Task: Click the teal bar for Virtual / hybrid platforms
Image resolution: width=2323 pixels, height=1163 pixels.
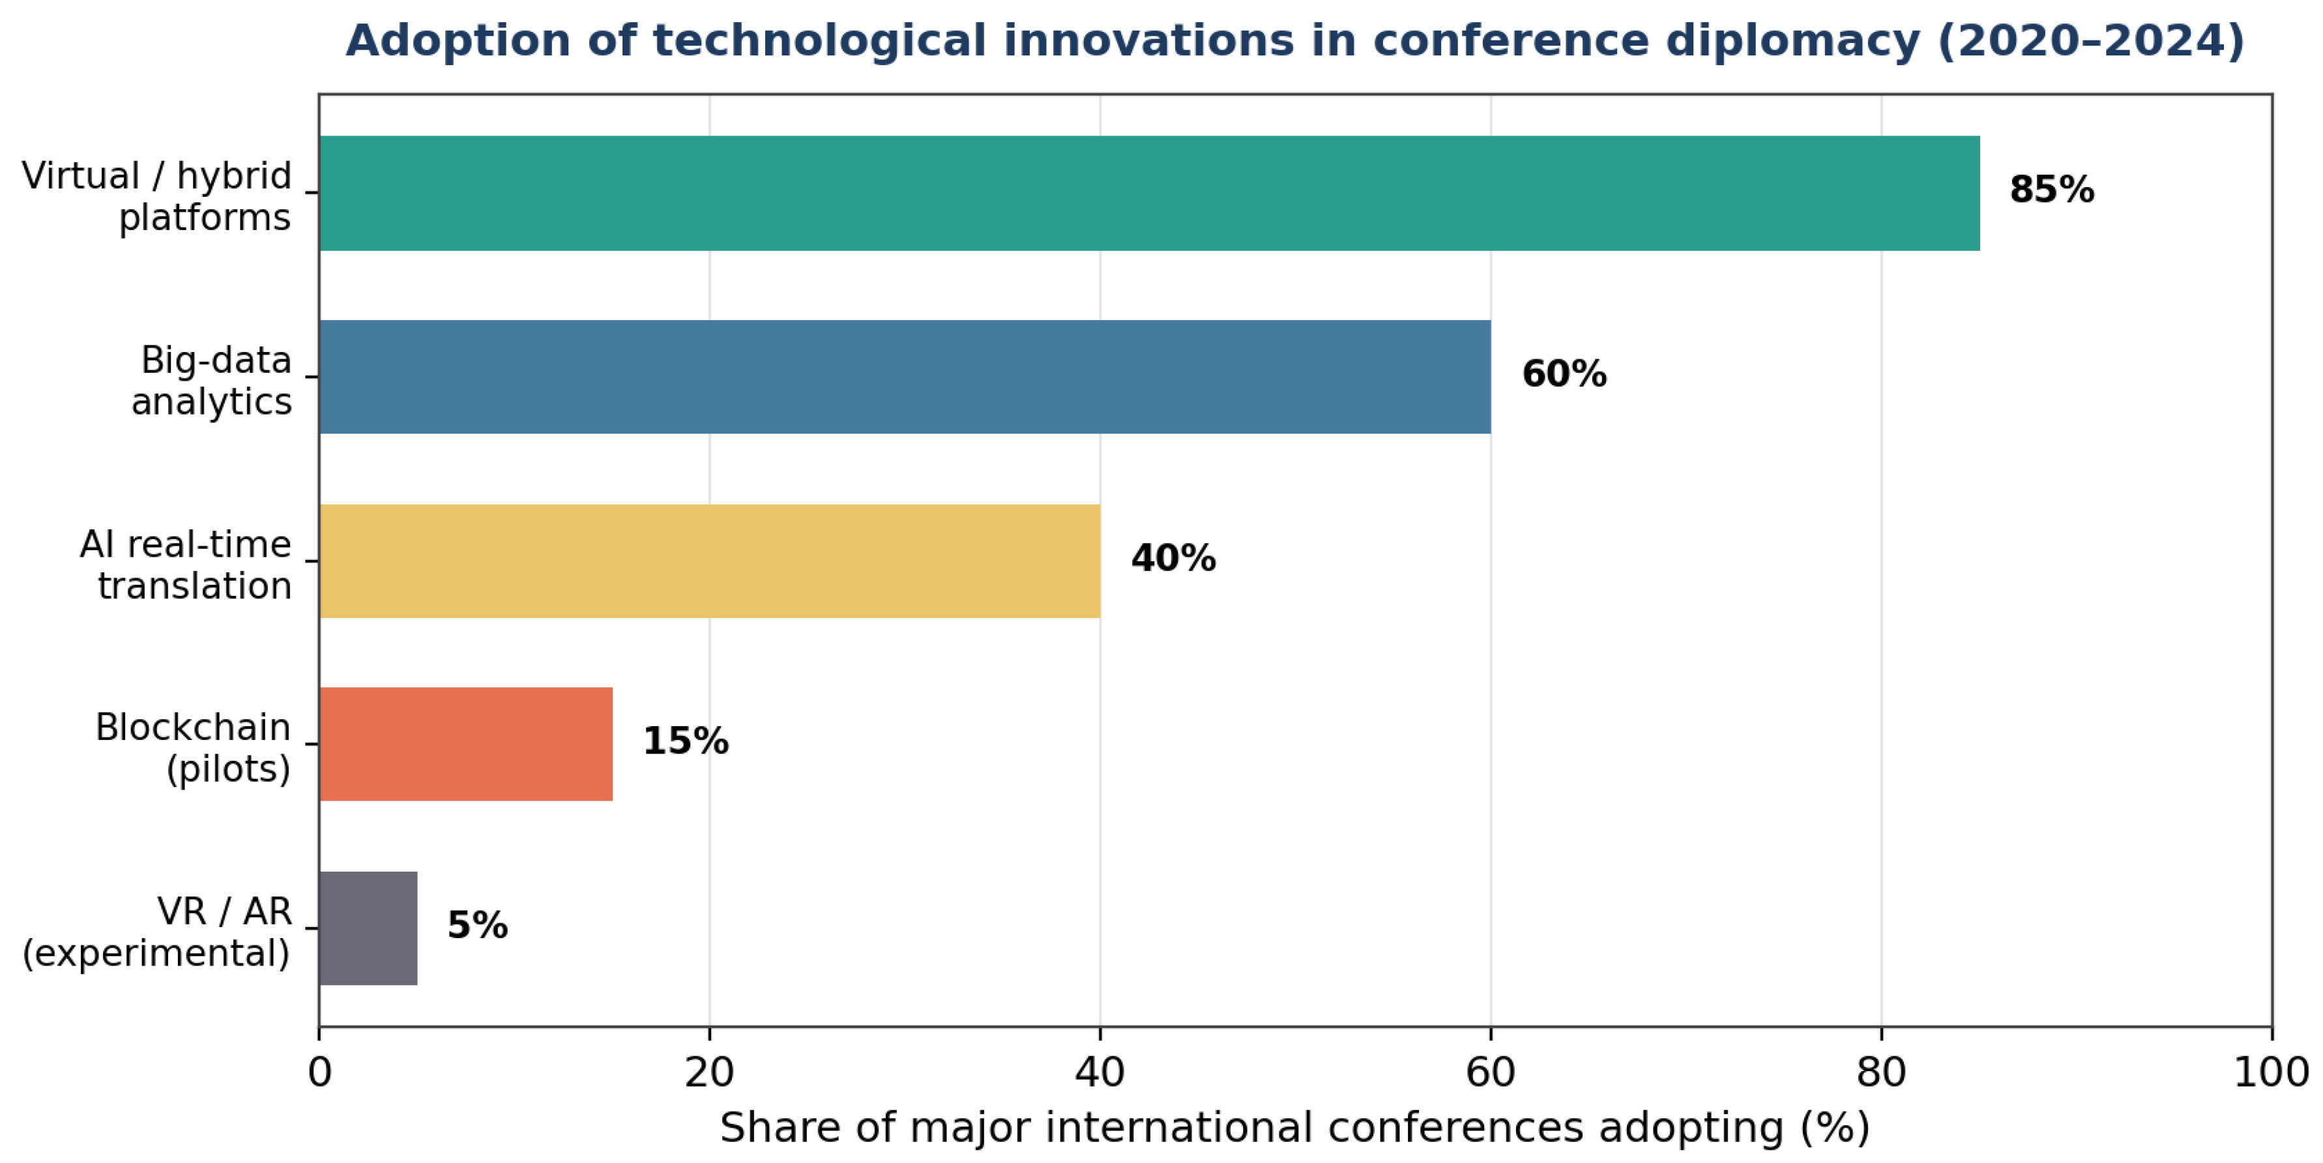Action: click(x=1149, y=193)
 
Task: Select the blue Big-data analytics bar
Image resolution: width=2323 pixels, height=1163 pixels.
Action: click(x=905, y=377)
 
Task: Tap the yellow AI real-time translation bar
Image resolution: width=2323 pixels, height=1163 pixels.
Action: click(x=710, y=561)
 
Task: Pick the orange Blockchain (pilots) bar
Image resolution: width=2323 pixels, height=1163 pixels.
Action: click(x=466, y=744)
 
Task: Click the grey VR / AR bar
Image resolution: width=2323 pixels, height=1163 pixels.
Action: click(x=368, y=928)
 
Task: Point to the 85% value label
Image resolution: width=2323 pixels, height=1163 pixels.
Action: click(x=2052, y=190)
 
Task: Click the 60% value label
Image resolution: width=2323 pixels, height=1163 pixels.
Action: click(x=1564, y=374)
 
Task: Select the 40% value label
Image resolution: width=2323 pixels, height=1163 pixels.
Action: click(x=1173, y=559)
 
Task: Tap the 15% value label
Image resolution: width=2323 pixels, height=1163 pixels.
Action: click(x=685, y=742)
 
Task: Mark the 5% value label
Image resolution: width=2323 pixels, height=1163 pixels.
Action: click(x=477, y=926)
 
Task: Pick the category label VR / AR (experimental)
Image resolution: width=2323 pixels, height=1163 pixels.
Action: click(x=156, y=933)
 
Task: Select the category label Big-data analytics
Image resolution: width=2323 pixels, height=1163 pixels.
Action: click(x=212, y=381)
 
